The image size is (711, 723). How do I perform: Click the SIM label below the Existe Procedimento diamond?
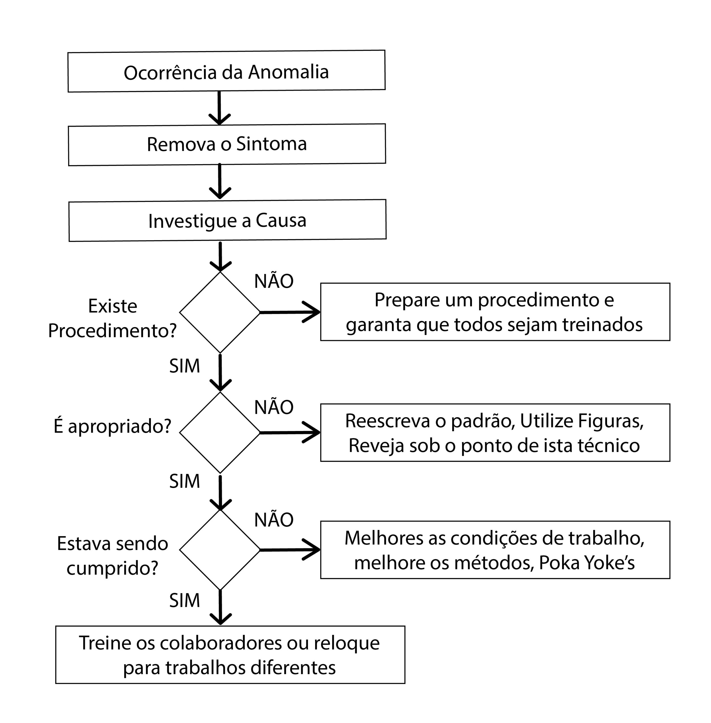tap(185, 366)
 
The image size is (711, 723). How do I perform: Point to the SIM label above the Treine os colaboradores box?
tap(185, 601)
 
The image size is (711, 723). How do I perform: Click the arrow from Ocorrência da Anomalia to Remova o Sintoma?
tap(219, 108)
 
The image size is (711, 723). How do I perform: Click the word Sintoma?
tap(272, 144)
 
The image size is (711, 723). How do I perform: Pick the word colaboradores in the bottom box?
tap(221, 643)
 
